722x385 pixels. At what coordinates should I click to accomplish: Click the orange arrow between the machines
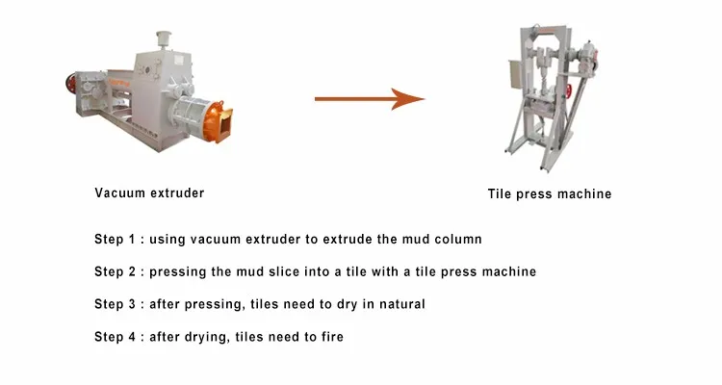(x=370, y=98)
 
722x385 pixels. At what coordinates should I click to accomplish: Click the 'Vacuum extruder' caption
(x=149, y=192)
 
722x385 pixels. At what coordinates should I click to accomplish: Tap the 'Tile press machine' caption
(x=550, y=193)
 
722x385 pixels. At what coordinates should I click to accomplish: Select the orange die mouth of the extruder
(x=218, y=121)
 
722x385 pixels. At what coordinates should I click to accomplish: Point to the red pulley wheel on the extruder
(x=70, y=84)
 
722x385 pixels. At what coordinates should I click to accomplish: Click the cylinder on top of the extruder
(x=163, y=39)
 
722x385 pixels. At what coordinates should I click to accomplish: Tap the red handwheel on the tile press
(x=569, y=90)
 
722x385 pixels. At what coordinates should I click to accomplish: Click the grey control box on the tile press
(x=514, y=75)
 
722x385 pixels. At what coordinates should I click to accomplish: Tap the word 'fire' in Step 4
(x=332, y=337)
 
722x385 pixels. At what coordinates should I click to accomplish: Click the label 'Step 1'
(x=115, y=240)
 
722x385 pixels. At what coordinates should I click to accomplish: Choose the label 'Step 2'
(x=115, y=271)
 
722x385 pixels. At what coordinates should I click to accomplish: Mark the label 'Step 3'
(x=115, y=304)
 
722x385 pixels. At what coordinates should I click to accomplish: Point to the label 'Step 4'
(x=115, y=337)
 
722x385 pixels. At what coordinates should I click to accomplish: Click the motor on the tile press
(x=588, y=59)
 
